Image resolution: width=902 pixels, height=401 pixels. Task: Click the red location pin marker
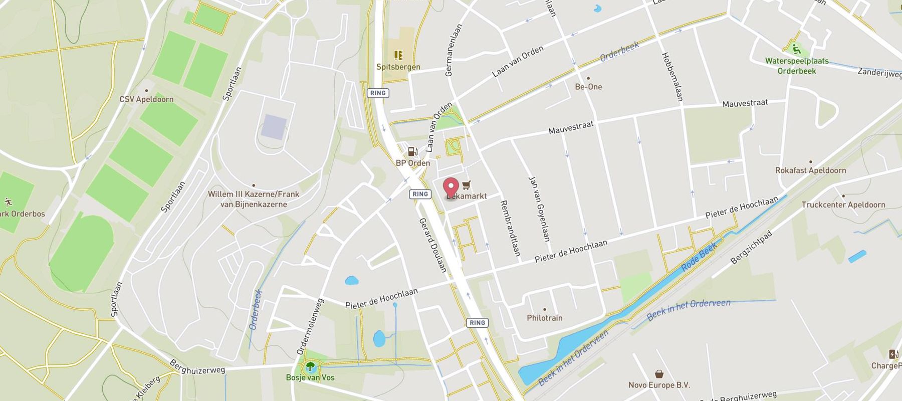(x=451, y=187)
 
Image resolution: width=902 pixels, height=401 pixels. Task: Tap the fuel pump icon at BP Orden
(x=412, y=151)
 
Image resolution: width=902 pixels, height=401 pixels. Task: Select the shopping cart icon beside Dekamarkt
(x=467, y=185)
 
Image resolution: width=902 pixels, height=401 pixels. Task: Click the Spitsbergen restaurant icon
(x=398, y=55)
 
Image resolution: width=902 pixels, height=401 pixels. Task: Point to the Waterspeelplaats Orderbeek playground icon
(x=796, y=49)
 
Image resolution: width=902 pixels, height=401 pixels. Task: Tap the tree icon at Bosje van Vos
(x=310, y=366)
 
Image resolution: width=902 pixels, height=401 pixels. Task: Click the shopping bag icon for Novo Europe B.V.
(x=659, y=374)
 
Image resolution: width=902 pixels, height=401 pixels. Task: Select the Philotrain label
(x=544, y=318)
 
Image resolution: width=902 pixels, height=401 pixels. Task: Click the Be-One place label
(x=588, y=87)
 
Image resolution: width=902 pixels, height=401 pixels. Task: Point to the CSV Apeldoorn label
(x=146, y=99)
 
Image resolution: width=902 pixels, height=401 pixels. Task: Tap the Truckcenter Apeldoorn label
(x=843, y=205)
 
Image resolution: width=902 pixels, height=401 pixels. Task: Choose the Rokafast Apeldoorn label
(x=810, y=170)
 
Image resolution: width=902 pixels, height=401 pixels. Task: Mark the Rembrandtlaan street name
(x=510, y=229)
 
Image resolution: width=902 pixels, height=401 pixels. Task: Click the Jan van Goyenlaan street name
(x=540, y=209)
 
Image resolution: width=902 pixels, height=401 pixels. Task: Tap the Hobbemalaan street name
(x=672, y=77)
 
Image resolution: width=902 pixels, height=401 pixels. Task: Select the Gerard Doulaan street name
(x=432, y=245)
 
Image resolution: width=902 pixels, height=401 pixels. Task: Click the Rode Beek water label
(x=700, y=258)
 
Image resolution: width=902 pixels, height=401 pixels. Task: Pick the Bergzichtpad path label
(x=752, y=248)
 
